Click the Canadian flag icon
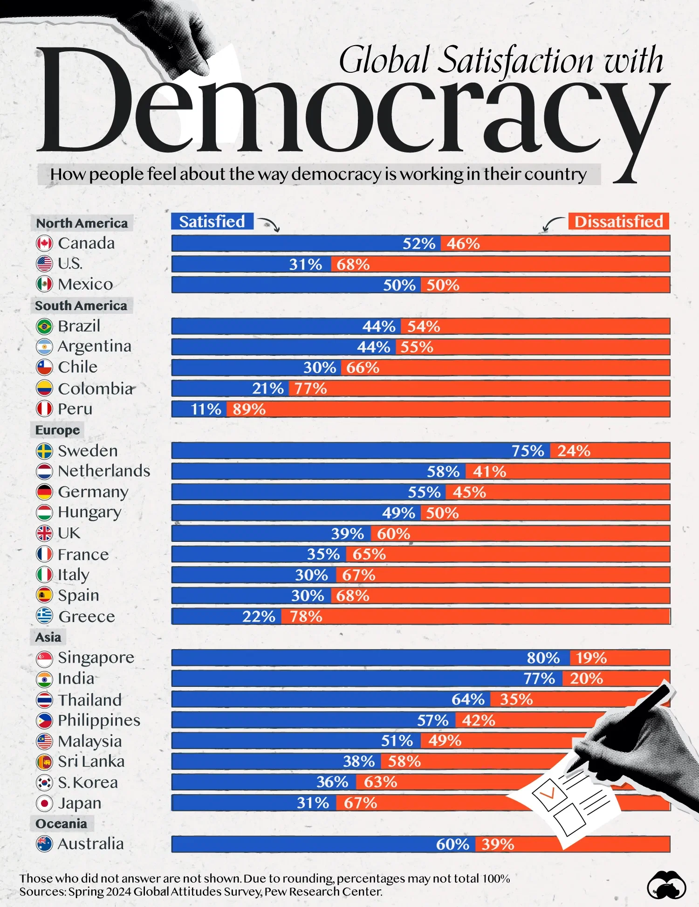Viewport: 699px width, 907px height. click(44, 243)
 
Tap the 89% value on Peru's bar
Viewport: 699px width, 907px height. click(249, 409)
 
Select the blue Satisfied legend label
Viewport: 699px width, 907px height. click(212, 222)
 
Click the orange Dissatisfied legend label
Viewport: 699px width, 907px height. click(618, 222)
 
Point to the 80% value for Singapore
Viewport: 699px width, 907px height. click(543, 658)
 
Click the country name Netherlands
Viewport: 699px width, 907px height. click(104, 471)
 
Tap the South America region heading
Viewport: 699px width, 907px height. click(81, 306)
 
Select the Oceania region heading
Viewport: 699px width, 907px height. click(61, 824)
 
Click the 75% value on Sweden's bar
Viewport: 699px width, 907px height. click(528, 451)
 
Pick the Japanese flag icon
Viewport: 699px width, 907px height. click(44, 803)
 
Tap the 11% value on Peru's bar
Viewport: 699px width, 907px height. click(206, 409)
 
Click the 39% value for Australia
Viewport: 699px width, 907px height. click(497, 845)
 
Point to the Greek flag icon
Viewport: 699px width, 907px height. click(44, 616)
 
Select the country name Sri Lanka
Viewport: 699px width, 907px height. click(91, 762)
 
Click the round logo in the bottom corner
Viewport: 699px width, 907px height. click(666, 884)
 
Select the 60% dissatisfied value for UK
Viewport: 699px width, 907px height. click(393, 534)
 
